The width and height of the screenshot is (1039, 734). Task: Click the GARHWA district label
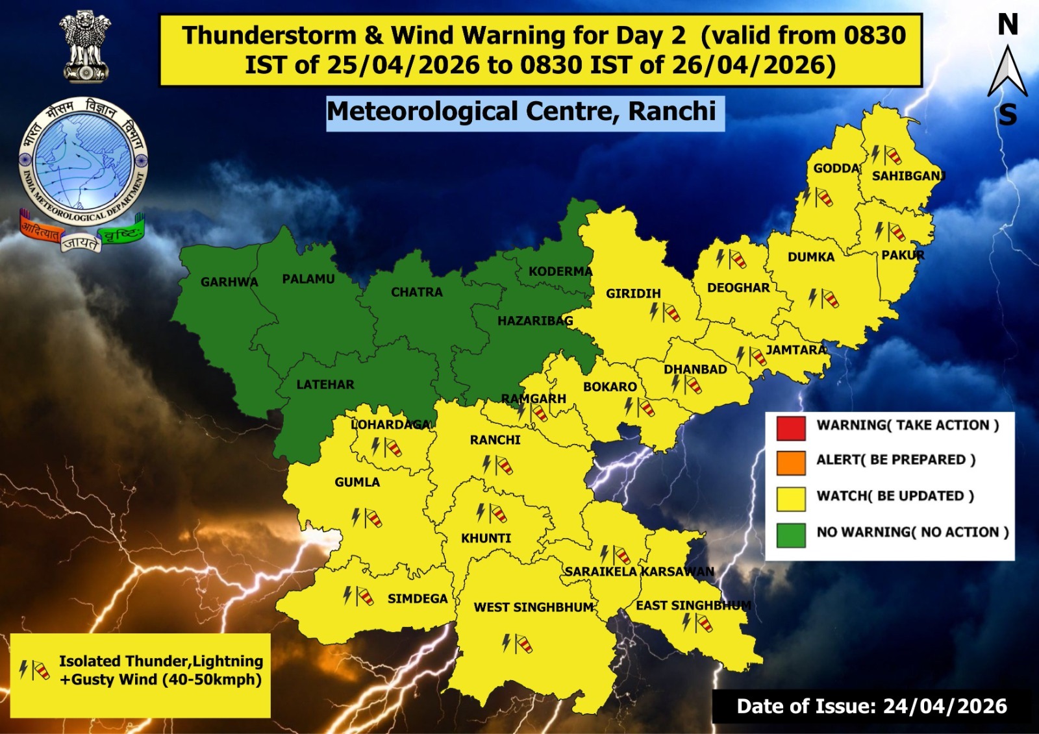tap(229, 282)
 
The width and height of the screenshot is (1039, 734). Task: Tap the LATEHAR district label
tap(325, 385)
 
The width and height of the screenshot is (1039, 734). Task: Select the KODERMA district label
tap(560, 271)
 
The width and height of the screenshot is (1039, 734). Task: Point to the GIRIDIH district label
tap(633, 293)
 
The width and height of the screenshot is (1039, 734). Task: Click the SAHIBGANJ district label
tap(908, 176)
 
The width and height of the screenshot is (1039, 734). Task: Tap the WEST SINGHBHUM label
tap(534, 607)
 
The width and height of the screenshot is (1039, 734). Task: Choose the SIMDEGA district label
tap(418, 598)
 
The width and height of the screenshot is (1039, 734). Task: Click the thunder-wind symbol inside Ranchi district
tap(497, 465)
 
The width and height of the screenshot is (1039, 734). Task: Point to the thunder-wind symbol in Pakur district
tap(890, 231)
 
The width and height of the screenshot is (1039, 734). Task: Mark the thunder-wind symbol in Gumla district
tap(366, 518)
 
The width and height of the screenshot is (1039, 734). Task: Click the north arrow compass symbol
tap(1007, 71)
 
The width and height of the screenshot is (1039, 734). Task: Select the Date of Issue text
tap(871, 706)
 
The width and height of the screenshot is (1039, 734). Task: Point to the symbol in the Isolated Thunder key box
tap(34, 669)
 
